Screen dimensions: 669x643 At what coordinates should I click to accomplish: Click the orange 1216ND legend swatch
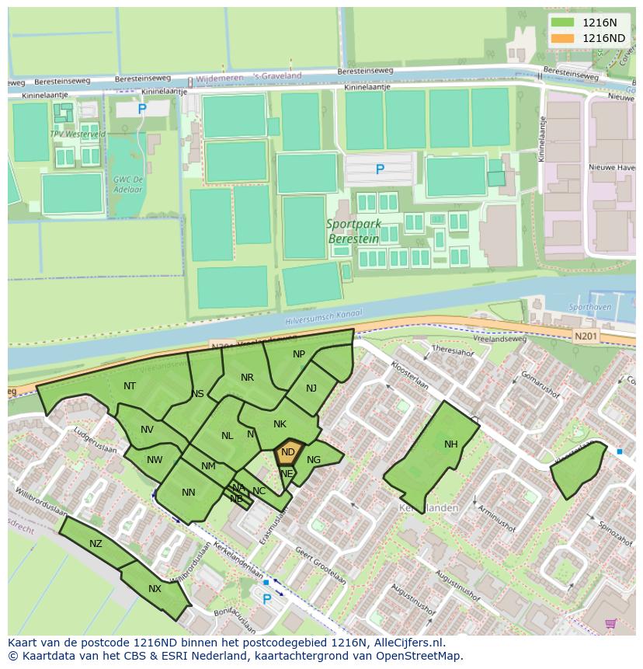[564, 38]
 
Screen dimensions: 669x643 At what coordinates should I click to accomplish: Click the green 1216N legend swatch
[564, 23]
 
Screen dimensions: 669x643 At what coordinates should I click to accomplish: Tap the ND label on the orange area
[288, 452]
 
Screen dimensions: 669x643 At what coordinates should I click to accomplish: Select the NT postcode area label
[130, 386]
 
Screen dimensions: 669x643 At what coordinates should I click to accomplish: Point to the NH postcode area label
[451, 444]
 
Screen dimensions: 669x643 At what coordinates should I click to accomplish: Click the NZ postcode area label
[96, 544]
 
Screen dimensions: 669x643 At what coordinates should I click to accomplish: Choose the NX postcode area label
[155, 588]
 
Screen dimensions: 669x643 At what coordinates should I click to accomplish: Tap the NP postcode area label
[299, 354]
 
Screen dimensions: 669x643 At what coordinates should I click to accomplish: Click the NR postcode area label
[247, 378]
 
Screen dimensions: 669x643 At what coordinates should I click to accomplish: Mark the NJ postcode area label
[311, 389]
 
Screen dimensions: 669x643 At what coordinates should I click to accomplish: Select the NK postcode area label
[280, 423]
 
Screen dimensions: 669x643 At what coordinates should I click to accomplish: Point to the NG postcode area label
[314, 460]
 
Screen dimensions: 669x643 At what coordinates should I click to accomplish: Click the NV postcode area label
[148, 430]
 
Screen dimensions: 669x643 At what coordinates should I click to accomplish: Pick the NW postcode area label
[155, 460]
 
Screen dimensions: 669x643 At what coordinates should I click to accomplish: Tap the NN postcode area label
[189, 493]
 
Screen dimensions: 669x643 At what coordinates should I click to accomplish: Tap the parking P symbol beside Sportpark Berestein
[380, 169]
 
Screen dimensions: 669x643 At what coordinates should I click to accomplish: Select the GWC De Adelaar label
[127, 183]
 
